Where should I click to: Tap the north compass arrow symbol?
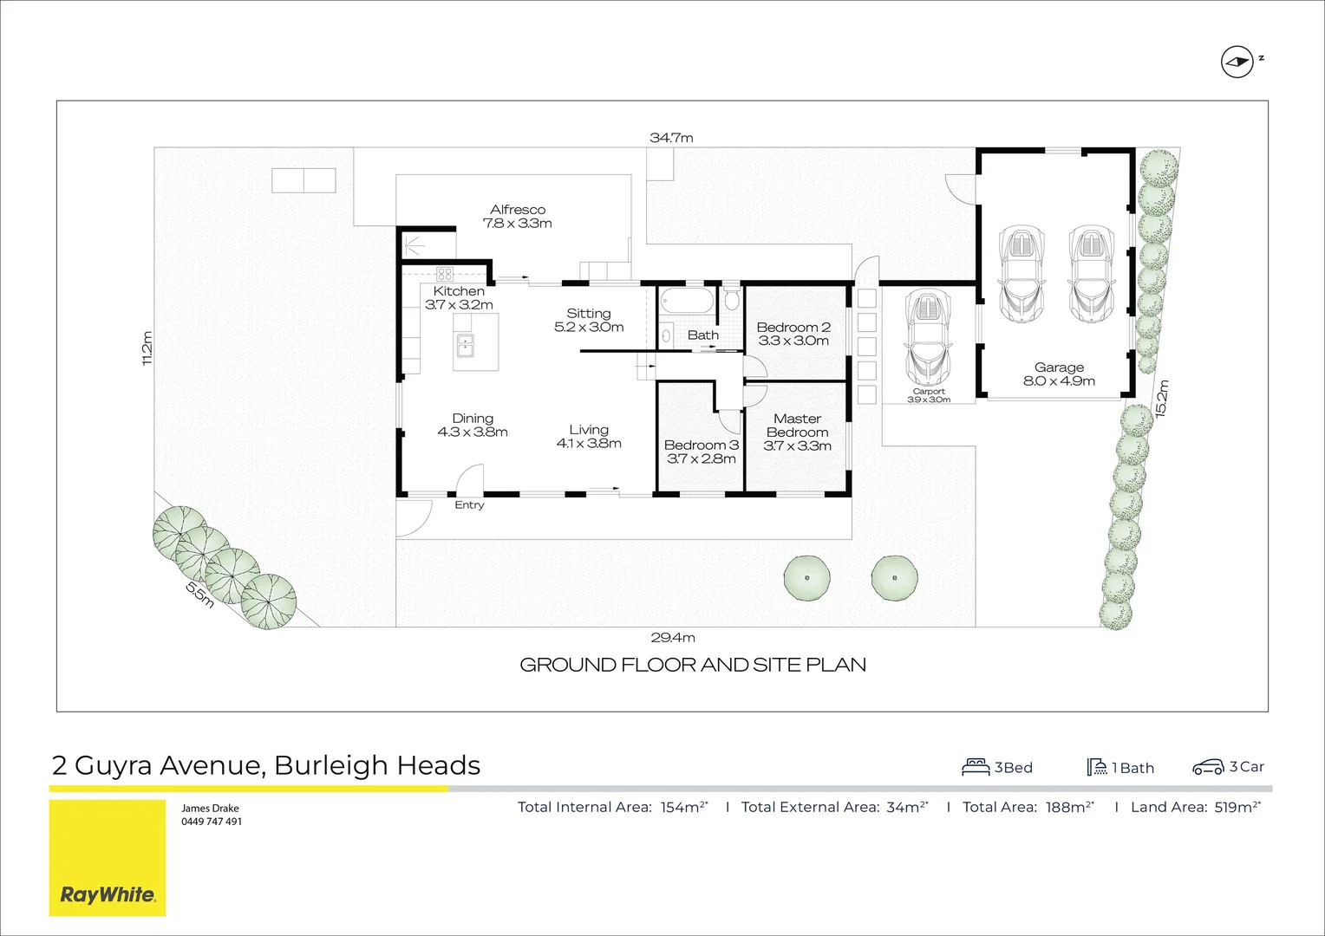pos(1237,62)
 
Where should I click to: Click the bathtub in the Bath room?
pos(686,302)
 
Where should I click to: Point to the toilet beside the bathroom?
pos(731,300)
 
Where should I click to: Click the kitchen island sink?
pos(465,345)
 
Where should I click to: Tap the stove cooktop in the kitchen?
pos(445,274)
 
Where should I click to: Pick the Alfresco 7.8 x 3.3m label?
pos(518,216)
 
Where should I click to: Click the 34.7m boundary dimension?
pos(671,138)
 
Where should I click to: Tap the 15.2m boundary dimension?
pos(1162,399)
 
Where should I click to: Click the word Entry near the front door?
pos(469,505)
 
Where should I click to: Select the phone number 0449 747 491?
pos(211,822)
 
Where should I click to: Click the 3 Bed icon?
pos(976,767)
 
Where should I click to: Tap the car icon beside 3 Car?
pos(1207,767)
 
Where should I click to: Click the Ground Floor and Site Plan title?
pos(692,665)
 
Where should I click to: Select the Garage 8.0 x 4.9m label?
pos(1059,374)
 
